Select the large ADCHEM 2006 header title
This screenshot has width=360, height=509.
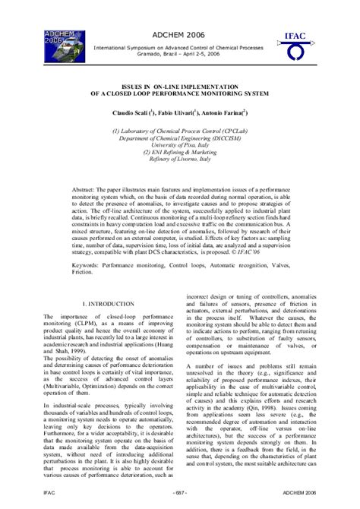coord(178,35)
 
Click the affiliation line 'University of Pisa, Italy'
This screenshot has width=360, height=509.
coord(179,145)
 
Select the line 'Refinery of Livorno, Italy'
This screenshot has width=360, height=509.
coord(179,159)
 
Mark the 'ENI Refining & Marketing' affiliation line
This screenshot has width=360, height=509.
coord(179,152)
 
